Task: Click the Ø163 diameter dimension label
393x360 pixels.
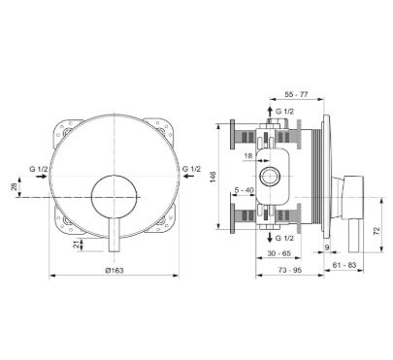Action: pyautogui.click(x=115, y=270)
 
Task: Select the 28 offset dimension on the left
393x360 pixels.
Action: pyautogui.click(x=14, y=186)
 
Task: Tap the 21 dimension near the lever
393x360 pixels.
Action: pyautogui.click(x=77, y=245)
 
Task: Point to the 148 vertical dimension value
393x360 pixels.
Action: pyautogui.click(x=213, y=177)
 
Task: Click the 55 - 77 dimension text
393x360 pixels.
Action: pyautogui.click(x=296, y=94)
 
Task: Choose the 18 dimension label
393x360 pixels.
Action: pyautogui.click(x=248, y=156)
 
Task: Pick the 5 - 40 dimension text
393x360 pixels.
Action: pyautogui.click(x=245, y=190)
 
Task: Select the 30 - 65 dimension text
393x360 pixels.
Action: pyautogui.click(x=279, y=253)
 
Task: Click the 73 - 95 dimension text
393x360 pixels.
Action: pyautogui.click(x=290, y=270)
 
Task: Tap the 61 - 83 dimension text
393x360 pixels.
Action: pyautogui.click(x=344, y=265)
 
